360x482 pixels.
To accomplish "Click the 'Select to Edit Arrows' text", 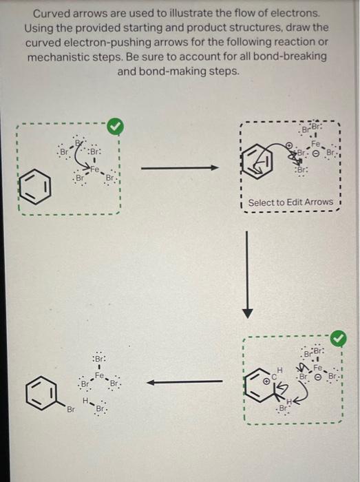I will [290, 202].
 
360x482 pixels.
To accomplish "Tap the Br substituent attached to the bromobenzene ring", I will [70, 410].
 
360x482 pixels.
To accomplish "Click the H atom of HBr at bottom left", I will [85, 400].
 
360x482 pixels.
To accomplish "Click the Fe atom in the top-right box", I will [317, 145].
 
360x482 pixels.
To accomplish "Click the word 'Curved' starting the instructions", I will [52, 14].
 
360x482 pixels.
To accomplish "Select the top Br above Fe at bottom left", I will [98, 359].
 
